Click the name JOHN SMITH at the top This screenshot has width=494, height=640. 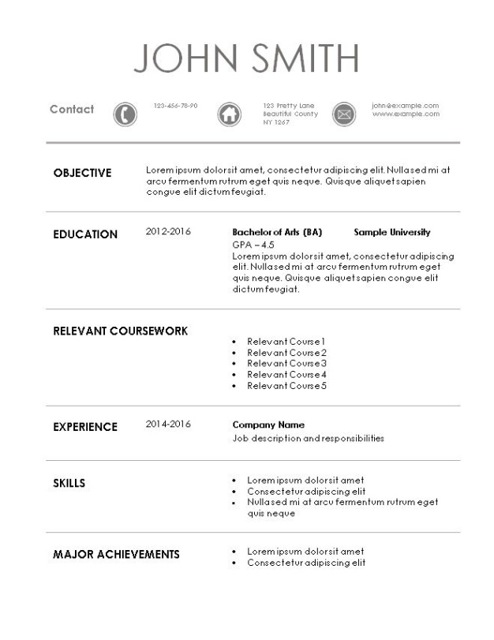tap(246, 58)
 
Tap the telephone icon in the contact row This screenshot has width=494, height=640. tap(125, 114)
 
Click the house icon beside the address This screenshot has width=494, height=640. tap(228, 114)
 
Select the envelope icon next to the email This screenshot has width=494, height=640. tap(343, 114)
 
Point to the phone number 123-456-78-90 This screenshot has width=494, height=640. tap(175, 106)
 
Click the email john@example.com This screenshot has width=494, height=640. tap(405, 106)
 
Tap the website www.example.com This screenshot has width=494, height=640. tap(406, 114)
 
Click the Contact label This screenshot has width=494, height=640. tap(72, 110)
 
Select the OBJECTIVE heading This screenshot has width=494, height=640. tap(82, 174)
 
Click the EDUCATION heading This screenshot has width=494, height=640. tap(85, 234)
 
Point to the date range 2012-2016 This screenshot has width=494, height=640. tap(168, 232)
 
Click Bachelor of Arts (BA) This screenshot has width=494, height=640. tap(277, 233)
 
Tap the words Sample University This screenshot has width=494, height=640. tap(392, 233)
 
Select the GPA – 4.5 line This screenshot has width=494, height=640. tap(253, 245)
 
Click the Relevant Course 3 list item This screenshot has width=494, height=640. tap(286, 364)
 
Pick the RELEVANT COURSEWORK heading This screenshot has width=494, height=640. tap(120, 331)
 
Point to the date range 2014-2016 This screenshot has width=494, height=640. tap(168, 425)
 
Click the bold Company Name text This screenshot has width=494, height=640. tap(268, 425)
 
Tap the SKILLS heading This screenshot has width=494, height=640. tap(69, 483)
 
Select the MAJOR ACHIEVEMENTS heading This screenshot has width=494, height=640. tap(116, 555)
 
